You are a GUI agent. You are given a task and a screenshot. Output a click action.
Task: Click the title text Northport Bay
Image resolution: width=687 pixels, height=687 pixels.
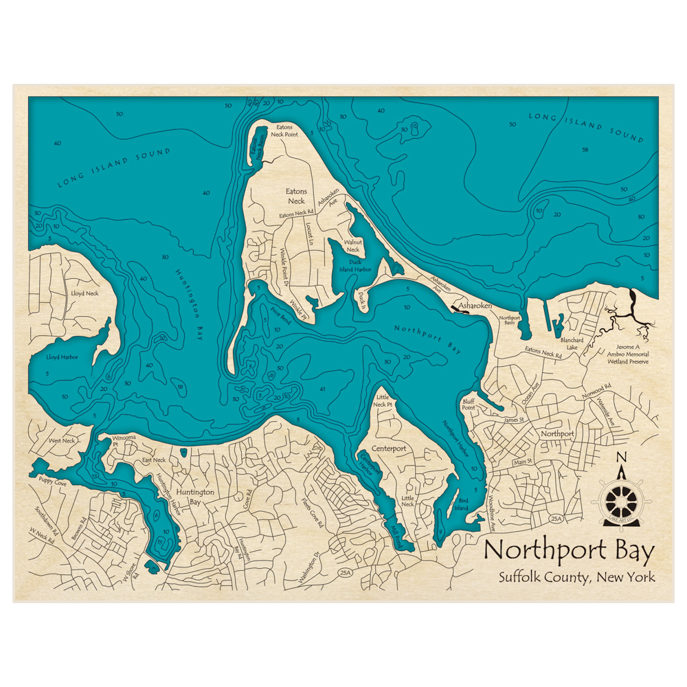570,551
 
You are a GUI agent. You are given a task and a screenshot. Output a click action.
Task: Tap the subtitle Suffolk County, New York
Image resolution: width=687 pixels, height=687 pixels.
577,577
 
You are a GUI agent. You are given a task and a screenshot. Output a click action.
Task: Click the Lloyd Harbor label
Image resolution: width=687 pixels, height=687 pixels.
62,357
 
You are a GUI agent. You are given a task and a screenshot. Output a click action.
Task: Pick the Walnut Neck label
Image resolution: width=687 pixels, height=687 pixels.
352,246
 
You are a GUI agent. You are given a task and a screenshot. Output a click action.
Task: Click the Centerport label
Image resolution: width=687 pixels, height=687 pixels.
389,449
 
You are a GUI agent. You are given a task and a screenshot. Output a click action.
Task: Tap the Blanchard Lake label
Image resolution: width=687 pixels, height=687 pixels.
572,343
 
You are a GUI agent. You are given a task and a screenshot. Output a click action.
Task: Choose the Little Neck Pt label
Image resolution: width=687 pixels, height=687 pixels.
383,401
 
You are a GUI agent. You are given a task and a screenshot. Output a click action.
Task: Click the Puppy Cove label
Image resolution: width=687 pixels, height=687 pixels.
53,483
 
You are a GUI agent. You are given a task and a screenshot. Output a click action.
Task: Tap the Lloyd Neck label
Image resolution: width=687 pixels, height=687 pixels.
85,293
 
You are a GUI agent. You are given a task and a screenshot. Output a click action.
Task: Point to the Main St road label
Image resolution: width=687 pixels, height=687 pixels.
523,462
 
